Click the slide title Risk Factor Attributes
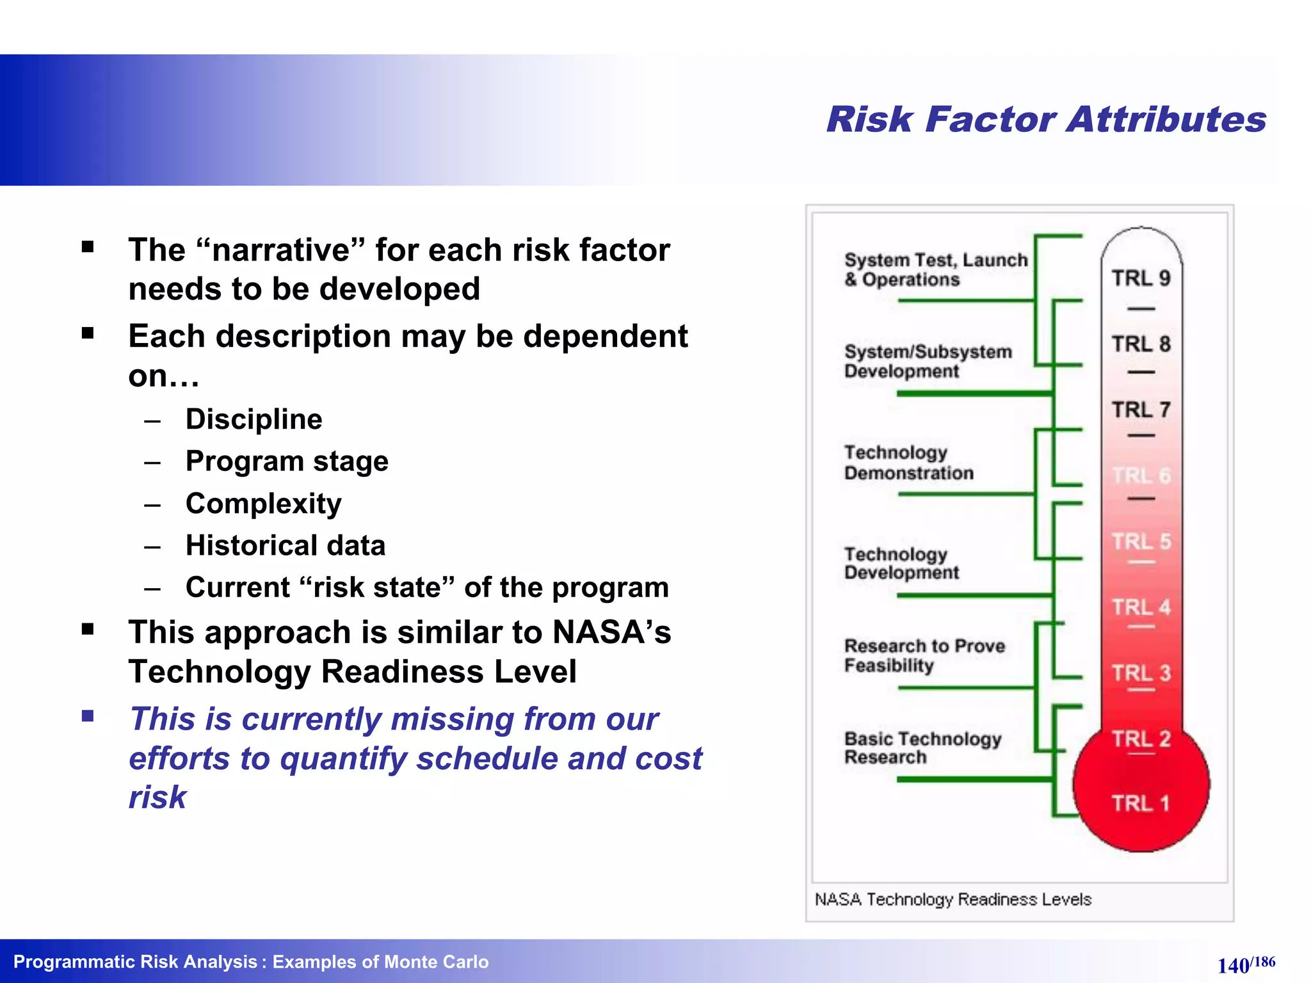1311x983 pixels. click(x=1046, y=120)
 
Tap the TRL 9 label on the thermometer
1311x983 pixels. click(x=1141, y=278)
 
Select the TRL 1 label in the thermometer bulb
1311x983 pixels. click(x=1141, y=803)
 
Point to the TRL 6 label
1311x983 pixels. click(x=1141, y=476)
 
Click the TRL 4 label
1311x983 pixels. click(x=1141, y=607)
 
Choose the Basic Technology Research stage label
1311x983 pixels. click(x=922, y=747)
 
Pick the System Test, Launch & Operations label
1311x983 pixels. click(x=935, y=269)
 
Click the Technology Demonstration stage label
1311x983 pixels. click(x=908, y=463)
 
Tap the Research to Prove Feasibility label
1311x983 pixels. click(x=924, y=655)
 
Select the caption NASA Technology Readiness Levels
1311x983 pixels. click(x=953, y=899)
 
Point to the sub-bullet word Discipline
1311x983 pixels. click(x=253, y=420)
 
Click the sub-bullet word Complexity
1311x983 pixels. click(x=263, y=504)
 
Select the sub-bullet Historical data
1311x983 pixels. click(x=286, y=546)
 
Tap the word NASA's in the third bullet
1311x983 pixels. click(x=611, y=632)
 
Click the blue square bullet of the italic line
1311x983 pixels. click(x=88, y=715)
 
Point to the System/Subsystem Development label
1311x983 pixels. click(x=928, y=361)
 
